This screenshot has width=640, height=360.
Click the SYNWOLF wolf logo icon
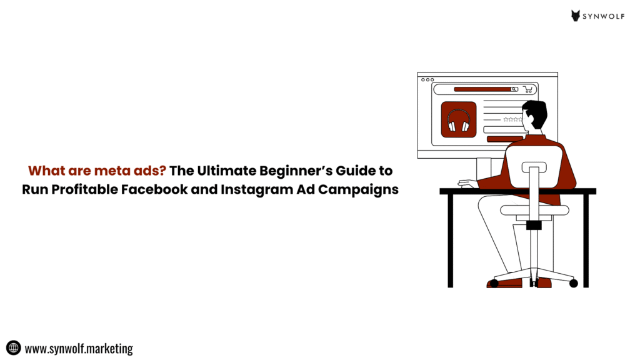(x=576, y=16)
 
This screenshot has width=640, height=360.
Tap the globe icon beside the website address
(x=14, y=348)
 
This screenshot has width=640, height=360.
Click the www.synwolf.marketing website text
(x=79, y=348)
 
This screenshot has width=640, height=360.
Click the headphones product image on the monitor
(x=459, y=119)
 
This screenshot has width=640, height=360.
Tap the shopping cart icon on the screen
(x=528, y=89)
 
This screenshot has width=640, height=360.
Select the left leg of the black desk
(x=451, y=241)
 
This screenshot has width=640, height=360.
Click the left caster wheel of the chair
(x=494, y=283)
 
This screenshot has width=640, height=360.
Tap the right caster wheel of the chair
(x=574, y=283)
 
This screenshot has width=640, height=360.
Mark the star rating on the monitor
(x=512, y=119)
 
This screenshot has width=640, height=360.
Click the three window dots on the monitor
(x=427, y=79)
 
